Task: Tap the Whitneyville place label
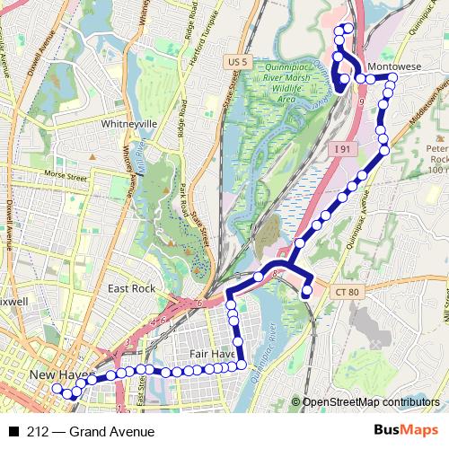tap(129, 123)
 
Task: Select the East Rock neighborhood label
tap(131, 288)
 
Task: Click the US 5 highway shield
tap(237, 61)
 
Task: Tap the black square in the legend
tap(14, 432)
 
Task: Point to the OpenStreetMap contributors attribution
tap(370, 403)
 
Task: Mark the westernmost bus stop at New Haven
tap(57, 389)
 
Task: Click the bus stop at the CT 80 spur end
tap(307, 292)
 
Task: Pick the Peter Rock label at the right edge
tap(436, 156)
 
